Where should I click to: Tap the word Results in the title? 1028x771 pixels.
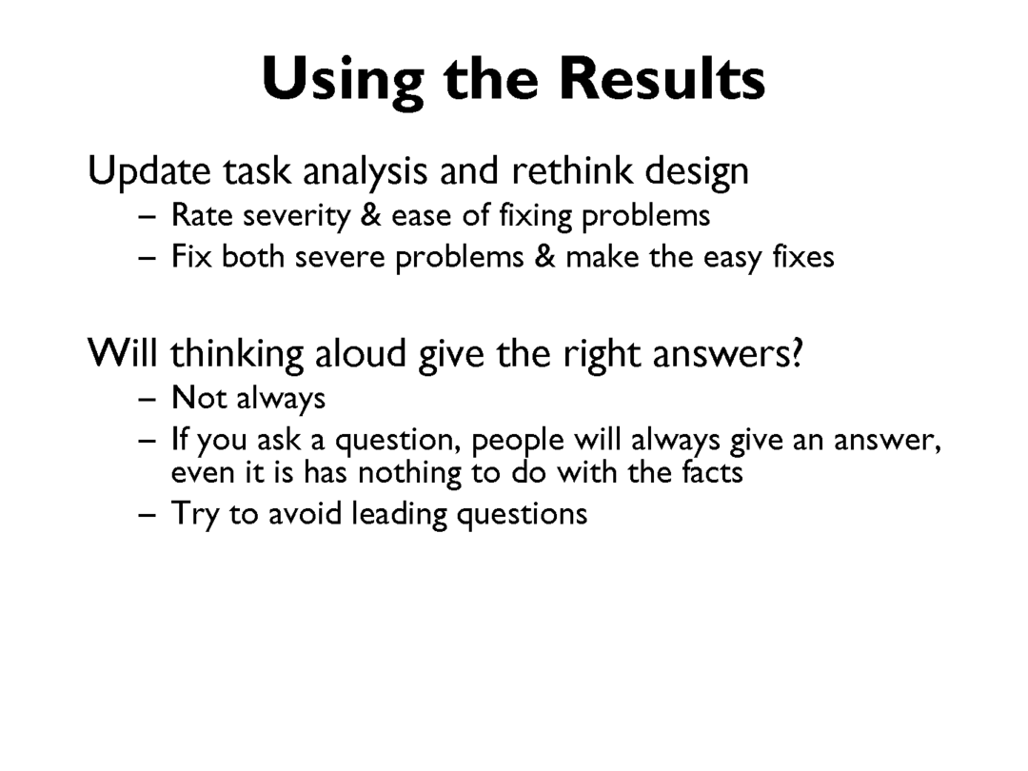(662, 78)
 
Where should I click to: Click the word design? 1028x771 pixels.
(697, 171)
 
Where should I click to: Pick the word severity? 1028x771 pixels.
(297, 216)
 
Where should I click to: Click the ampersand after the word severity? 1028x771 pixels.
(371, 215)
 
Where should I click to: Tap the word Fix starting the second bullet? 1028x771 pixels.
(191, 256)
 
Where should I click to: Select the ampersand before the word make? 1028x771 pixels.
(544, 256)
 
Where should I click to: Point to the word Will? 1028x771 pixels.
(123, 353)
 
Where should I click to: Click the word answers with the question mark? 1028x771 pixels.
(728, 354)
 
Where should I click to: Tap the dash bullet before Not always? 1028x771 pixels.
(148, 399)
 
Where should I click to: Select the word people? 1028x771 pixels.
(517, 440)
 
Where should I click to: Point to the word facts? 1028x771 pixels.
(713, 471)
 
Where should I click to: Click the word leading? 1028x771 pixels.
(399, 514)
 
